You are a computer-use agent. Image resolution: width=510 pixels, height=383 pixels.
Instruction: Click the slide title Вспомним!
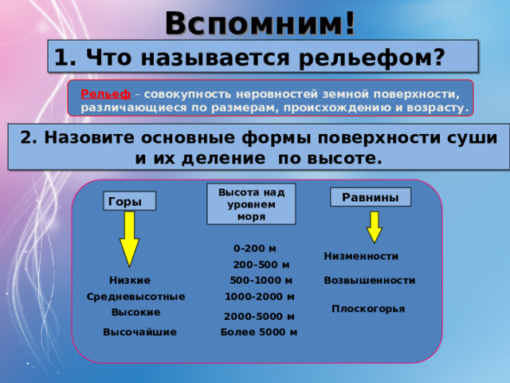(260, 22)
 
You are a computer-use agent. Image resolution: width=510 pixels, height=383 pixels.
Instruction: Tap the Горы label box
(129, 202)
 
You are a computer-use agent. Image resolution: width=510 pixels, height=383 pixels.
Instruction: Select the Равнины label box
(371, 196)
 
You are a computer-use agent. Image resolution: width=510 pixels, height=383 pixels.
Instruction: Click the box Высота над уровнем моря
(251, 203)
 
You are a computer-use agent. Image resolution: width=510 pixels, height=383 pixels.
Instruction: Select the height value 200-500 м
(261, 264)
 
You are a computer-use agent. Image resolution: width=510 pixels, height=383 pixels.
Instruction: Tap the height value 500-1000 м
(261, 280)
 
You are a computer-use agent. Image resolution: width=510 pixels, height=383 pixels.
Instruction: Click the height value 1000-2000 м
(260, 296)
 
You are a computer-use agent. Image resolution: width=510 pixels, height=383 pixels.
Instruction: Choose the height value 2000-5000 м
(260, 316)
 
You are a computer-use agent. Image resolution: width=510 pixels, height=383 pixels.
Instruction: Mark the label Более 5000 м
(259, 332)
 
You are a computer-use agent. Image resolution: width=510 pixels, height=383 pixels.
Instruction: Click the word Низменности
(361, 256)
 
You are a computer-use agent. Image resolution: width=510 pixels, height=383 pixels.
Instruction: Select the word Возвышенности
(369, 280)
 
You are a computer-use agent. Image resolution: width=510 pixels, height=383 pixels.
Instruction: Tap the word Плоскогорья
(368, 308)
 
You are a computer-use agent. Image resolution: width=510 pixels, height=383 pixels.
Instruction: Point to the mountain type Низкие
(130, 280)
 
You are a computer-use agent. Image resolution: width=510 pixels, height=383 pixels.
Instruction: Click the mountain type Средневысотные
(135, 296)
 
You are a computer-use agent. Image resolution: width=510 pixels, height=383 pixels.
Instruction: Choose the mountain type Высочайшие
(139, 331)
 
